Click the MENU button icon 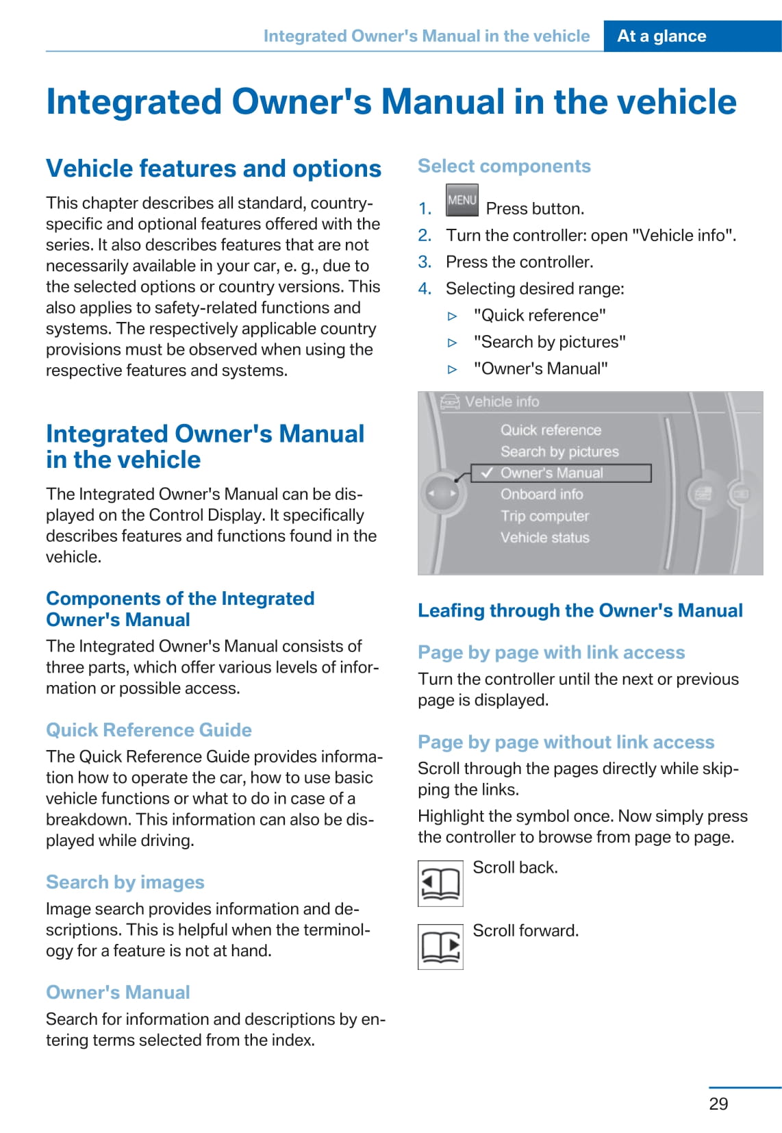[462, 200]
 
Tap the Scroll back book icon [440, 883]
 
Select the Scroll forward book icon [440, 947]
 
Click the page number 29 [718, 1104]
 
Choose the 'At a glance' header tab [661, 36]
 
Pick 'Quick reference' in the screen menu [551, 430]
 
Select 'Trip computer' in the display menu [544, 516]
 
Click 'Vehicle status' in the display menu [544, 538]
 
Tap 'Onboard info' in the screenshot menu [542, 494]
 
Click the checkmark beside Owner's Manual [488, 473]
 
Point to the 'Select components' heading [504, 166]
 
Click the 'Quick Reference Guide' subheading [149, 730]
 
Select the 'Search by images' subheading [125, 882]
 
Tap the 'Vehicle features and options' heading [214, 169]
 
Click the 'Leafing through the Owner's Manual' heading [580, 611]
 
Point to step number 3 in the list [425, 262]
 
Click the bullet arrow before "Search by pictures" [452, 343]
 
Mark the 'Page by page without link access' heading [566, 743]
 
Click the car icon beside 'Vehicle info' [450, 402]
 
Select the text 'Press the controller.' [519, 262]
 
